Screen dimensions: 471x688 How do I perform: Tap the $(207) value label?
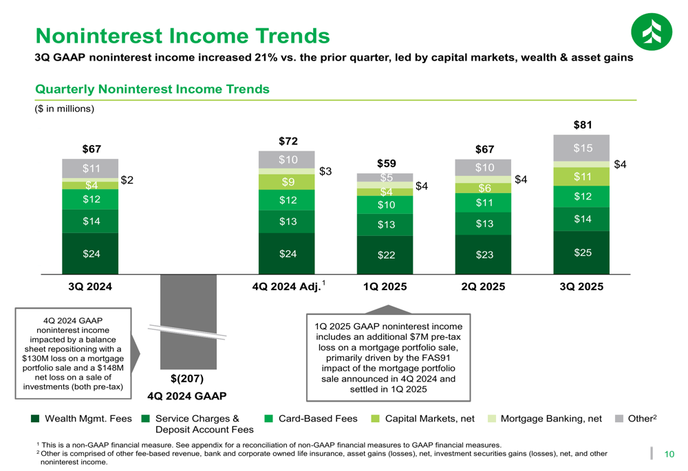tap(187, 379)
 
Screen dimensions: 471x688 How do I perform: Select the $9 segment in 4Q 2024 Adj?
tap(287, 182)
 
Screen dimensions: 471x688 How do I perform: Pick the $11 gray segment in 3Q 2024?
tap(90, 168)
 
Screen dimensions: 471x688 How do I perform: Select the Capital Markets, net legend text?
tap(430, 418)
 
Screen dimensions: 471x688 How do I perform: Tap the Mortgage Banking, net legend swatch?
tap(492, 418)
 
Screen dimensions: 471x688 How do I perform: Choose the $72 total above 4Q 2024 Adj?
tap(288, 141)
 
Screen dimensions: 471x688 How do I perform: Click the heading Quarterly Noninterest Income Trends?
tap(152, 89)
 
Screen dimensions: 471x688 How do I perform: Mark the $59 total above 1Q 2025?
tap(387, 164)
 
